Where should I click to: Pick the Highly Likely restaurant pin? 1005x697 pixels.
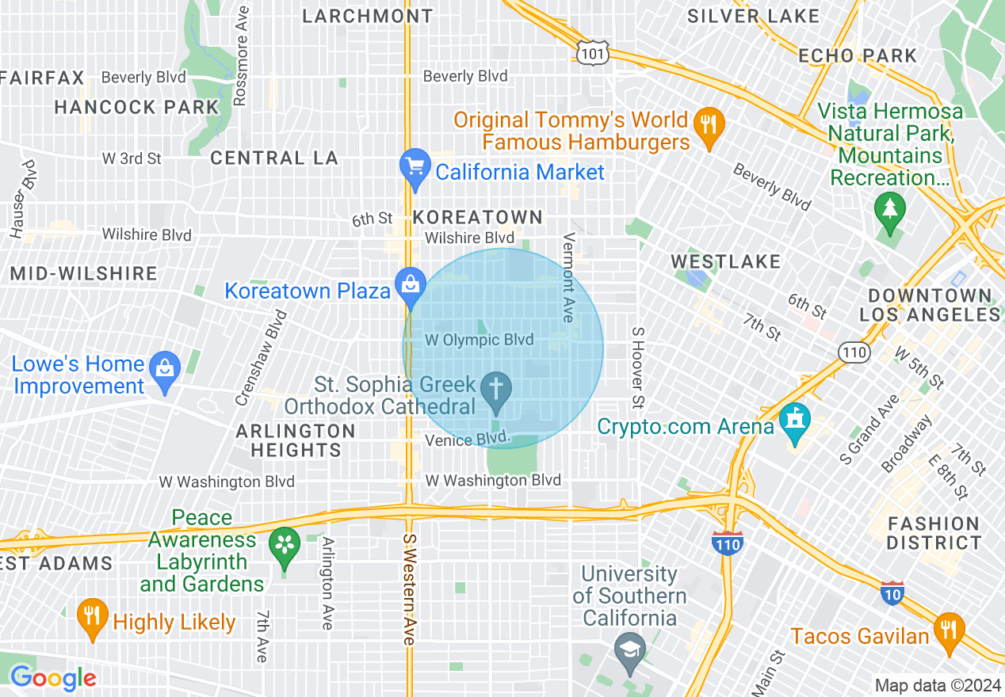click(92, 617)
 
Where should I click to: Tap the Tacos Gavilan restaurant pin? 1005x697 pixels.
click(948, 630)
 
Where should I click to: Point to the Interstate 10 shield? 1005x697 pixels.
click(892, 591)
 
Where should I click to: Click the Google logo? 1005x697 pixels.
click(53, 678)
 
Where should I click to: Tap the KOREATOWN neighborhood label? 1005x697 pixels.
click(478, 217)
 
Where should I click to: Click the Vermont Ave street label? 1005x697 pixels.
click(567, 277)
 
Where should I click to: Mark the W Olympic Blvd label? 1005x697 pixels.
click(480, 340)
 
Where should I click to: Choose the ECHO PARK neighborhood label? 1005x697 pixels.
click(858, 55)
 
